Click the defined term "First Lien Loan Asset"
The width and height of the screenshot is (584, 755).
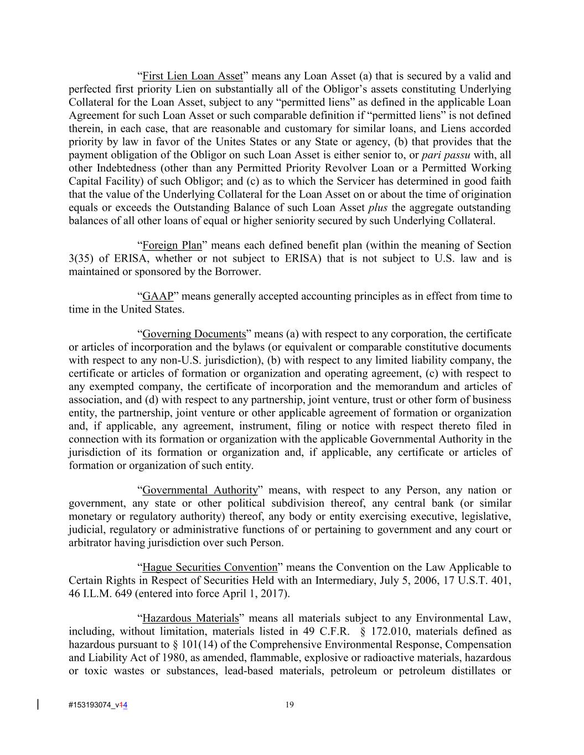point(192,76)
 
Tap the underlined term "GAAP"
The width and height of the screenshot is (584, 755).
point(158,296)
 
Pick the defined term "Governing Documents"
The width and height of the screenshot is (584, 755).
point(194,334)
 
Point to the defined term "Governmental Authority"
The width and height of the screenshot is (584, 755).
point(200,491)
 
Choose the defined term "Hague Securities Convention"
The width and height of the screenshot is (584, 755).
point(209,567)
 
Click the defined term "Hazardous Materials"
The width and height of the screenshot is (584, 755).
point(190,618)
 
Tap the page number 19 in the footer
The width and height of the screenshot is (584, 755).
point(290,705)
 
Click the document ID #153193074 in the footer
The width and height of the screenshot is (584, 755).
point(91,705)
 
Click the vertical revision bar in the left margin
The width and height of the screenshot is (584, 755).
point(38,704)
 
